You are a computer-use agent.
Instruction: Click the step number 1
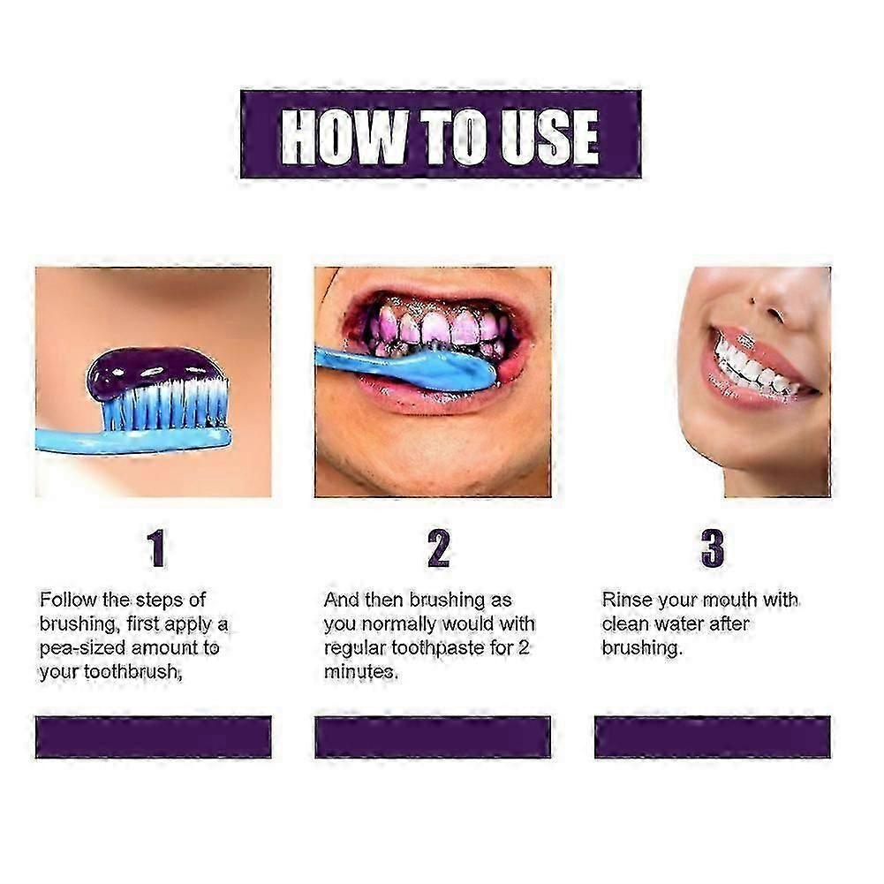click(156, 548)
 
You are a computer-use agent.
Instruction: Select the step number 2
click(438, 548)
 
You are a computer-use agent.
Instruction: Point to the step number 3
click(712, 548)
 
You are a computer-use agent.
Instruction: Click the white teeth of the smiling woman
click(751, 366)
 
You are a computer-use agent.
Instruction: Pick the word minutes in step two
click(359, 672)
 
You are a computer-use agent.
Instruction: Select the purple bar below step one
click(153, 737)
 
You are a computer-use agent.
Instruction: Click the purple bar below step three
click(712, 737)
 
